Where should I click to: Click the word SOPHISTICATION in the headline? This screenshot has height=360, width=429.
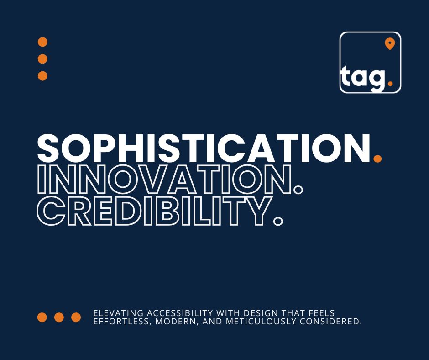(203, 148)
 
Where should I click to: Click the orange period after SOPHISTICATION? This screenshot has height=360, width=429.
(377, 158)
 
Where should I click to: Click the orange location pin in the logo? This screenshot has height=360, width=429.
(389, 43)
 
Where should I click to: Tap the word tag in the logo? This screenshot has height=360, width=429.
(363, 78)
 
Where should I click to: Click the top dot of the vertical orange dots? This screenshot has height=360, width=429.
(42, 42)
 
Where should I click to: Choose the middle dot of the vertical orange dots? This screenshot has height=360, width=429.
(42, 59)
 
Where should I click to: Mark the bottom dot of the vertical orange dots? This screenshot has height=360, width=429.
(42, 76)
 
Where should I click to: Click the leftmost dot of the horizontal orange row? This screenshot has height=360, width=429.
(42, 317)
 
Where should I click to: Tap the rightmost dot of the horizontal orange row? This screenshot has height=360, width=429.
(76, 317)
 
